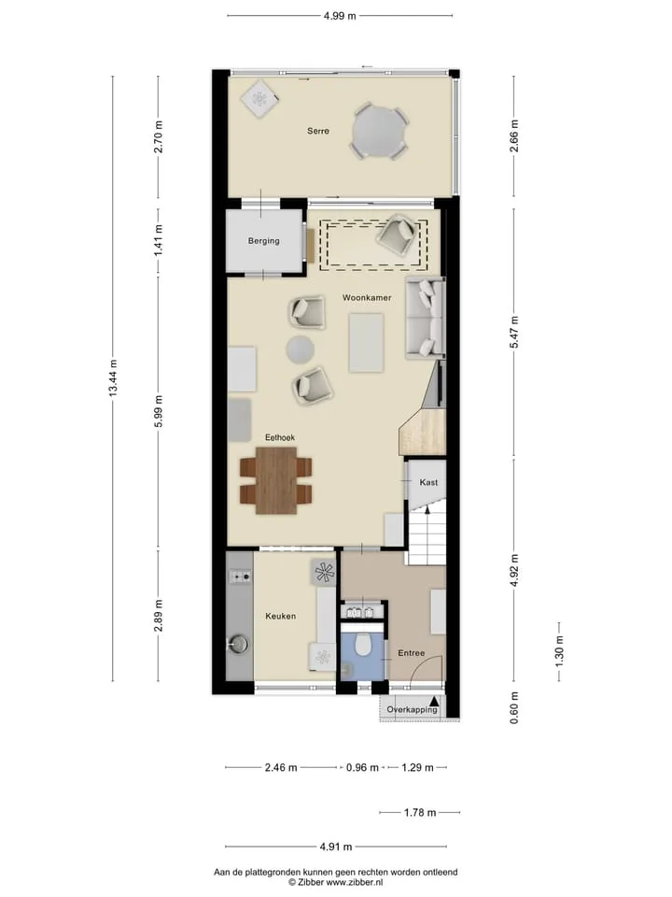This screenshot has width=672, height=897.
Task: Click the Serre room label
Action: click(317, 131)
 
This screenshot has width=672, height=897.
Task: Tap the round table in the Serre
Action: click(378, 133)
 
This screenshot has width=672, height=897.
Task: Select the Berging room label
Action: click(263, 241)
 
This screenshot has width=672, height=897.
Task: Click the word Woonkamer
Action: click(367, 297)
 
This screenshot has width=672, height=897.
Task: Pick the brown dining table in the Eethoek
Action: click(276, 480)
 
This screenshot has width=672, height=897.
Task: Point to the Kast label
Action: click(428, 482)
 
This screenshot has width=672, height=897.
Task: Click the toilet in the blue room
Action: click(362, 645)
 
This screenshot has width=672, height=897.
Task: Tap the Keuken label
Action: click(281, 616)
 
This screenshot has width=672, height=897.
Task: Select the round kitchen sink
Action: click(238, 645)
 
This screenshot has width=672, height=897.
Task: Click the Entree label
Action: click(412, 653)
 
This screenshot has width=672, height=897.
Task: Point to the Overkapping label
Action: click(412, 709)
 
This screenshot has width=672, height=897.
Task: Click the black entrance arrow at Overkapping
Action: click(435, 700)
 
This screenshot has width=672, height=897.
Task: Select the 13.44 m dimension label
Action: click(113, 378)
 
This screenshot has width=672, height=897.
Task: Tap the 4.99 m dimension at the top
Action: click(340, 16)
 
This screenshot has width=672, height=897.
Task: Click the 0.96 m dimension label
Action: click(362, 768)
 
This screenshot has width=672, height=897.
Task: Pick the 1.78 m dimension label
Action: click(420, 812)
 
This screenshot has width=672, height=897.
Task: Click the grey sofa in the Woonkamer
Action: click(426, 318)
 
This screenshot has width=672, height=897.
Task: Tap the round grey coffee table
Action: click(300, 349)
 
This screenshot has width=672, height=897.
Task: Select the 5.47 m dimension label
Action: click(514, 333)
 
